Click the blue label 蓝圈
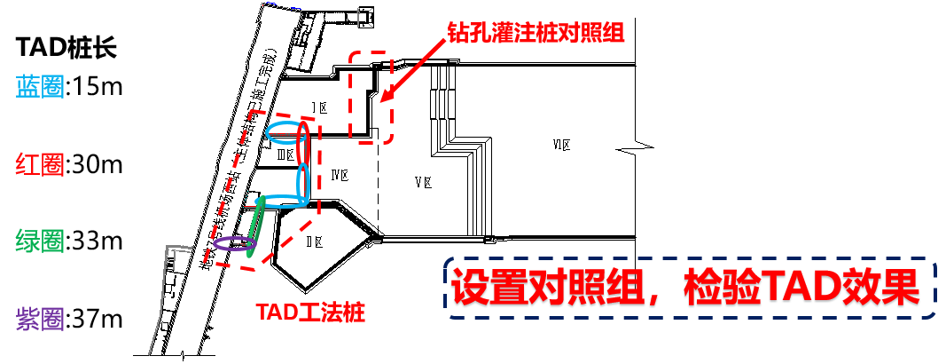[x=40, y=86]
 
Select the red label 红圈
[x=40, y=163]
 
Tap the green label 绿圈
[x=40, y=241]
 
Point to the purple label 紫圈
[x=40, y=318]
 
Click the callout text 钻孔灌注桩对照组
[x=536, y=34]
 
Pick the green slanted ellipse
[x=256, y=227]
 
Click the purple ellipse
[x=233, y=243]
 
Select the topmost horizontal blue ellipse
[x=285, y=133]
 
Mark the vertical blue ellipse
[x=303, y=185]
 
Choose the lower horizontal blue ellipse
[x=282, y=202]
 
